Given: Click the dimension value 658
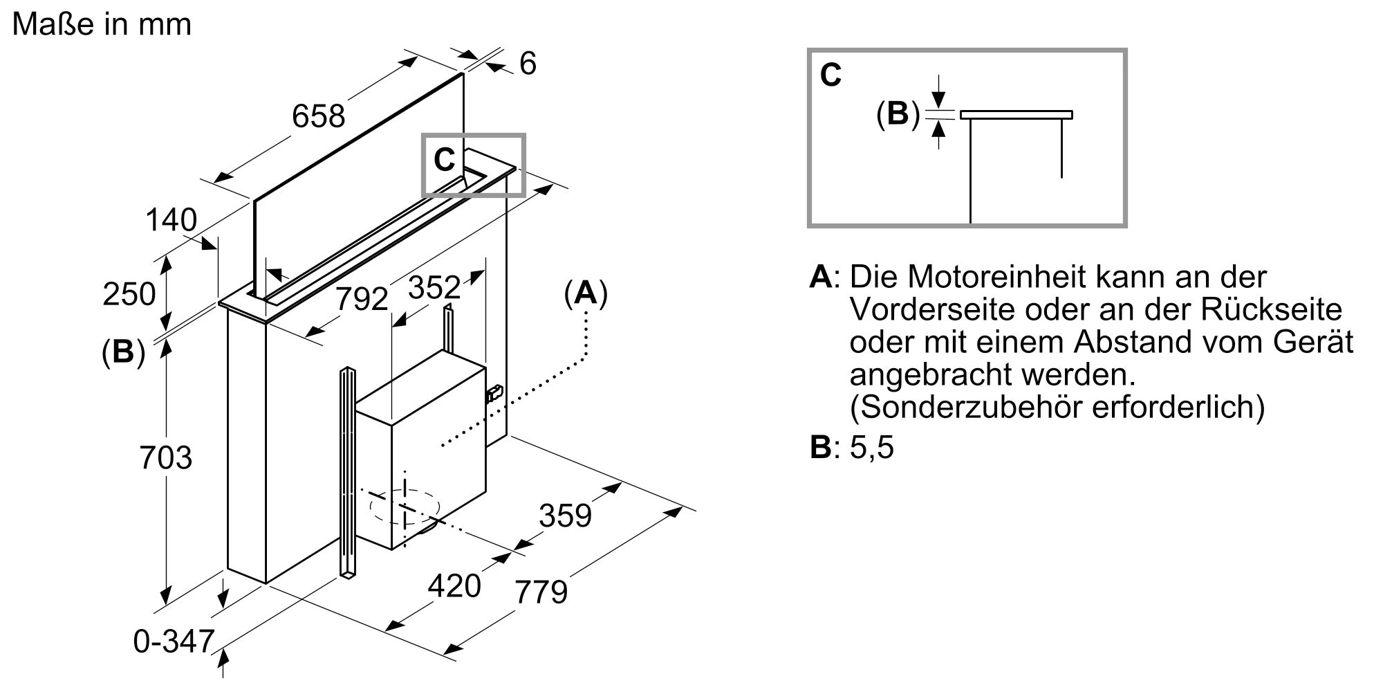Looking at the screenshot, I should [x=318, y=116].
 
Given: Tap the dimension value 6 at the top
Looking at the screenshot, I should [x=528, y=64].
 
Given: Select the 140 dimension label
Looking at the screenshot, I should [x=171, y=221].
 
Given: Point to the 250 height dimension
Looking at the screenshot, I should [x=129, y=294].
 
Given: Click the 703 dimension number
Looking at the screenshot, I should [x=165, y=458].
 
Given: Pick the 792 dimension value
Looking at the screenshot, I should [x=362, y=299].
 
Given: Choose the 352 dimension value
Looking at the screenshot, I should [x=434, y=287].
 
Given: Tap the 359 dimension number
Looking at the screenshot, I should [x=565, y=516].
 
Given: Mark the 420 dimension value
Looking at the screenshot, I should [x=454, y=586].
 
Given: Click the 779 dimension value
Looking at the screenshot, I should [x=541, y=592].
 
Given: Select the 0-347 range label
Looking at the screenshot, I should [x=174, y=641].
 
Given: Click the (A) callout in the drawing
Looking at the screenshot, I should [x=586, y=293].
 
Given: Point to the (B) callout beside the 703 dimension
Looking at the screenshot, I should [x=123, y=353].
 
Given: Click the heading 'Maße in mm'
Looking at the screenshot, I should [x=102, y=24].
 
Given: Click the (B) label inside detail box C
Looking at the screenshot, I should [x=898, y=113].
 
